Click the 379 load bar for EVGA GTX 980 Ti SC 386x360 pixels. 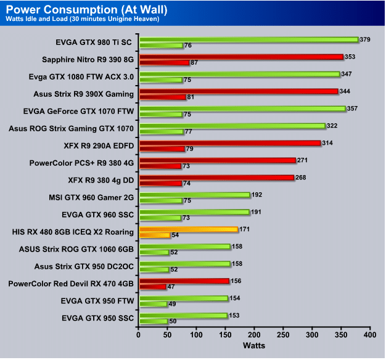tap(248, 39)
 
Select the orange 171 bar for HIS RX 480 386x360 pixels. tap(188, 229)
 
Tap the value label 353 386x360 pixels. tap(351, 57)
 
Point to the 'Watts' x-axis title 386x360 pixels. tap(254, 346)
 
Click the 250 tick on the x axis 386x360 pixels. tap(284, 336)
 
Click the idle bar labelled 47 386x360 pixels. tap(152, 287)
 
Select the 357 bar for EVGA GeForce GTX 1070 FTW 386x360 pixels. tap(242, 108)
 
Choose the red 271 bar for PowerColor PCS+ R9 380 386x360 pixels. tap(217, 160)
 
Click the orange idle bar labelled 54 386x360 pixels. tap(154, 235)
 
